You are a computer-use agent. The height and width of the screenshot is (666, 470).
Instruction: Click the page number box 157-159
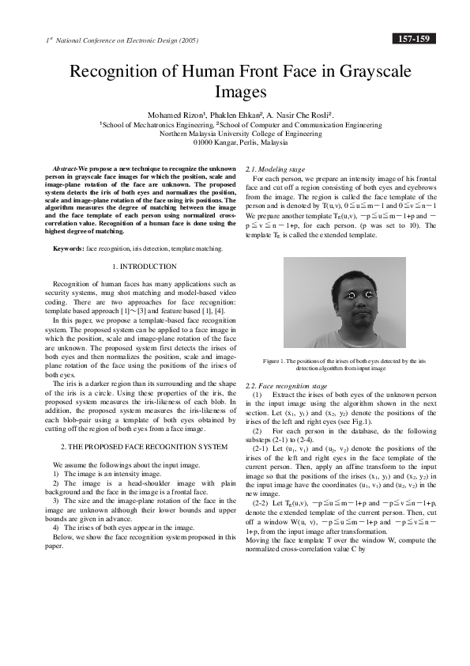[412, 38]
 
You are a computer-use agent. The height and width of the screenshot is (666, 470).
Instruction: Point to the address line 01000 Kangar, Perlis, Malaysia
[235, 144]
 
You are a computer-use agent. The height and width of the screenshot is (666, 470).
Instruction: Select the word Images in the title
[235, 93]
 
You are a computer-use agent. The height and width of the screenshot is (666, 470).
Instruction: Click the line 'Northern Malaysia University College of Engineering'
[235, 134]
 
